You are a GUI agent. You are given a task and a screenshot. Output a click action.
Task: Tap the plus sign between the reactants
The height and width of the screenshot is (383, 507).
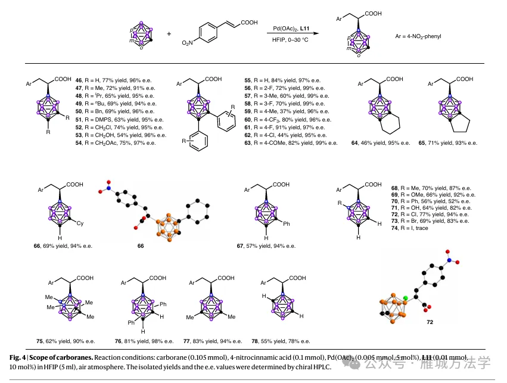(x=169, y=34)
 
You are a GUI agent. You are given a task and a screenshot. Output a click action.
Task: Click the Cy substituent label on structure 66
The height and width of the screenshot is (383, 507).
(x=82, y=223)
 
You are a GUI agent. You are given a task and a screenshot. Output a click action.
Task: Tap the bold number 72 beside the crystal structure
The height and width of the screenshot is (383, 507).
(x=430, y=322)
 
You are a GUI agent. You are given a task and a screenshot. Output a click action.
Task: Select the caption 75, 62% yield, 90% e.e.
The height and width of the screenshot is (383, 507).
(x=66, y=341)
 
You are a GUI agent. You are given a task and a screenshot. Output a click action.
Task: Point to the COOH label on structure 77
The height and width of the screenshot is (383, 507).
(x=226, y=278)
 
